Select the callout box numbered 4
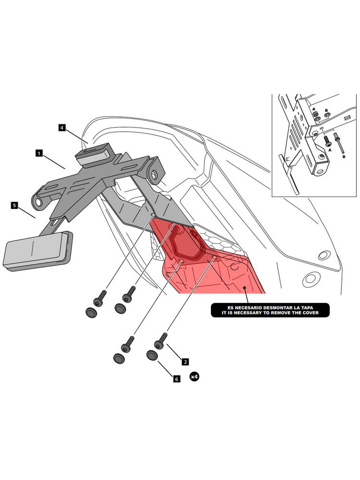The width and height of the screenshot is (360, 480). (x=62, y=128)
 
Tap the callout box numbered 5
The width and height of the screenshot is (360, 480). (x=14, y=205)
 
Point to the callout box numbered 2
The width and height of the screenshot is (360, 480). (x=185, y=360)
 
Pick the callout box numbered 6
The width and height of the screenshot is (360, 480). (x=176, y=379)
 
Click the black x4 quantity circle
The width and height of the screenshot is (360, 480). (x=194, y=377)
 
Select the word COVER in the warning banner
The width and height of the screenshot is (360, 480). (x=319, y=313)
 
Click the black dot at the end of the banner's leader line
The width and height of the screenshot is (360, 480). (x=244, y=288)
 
